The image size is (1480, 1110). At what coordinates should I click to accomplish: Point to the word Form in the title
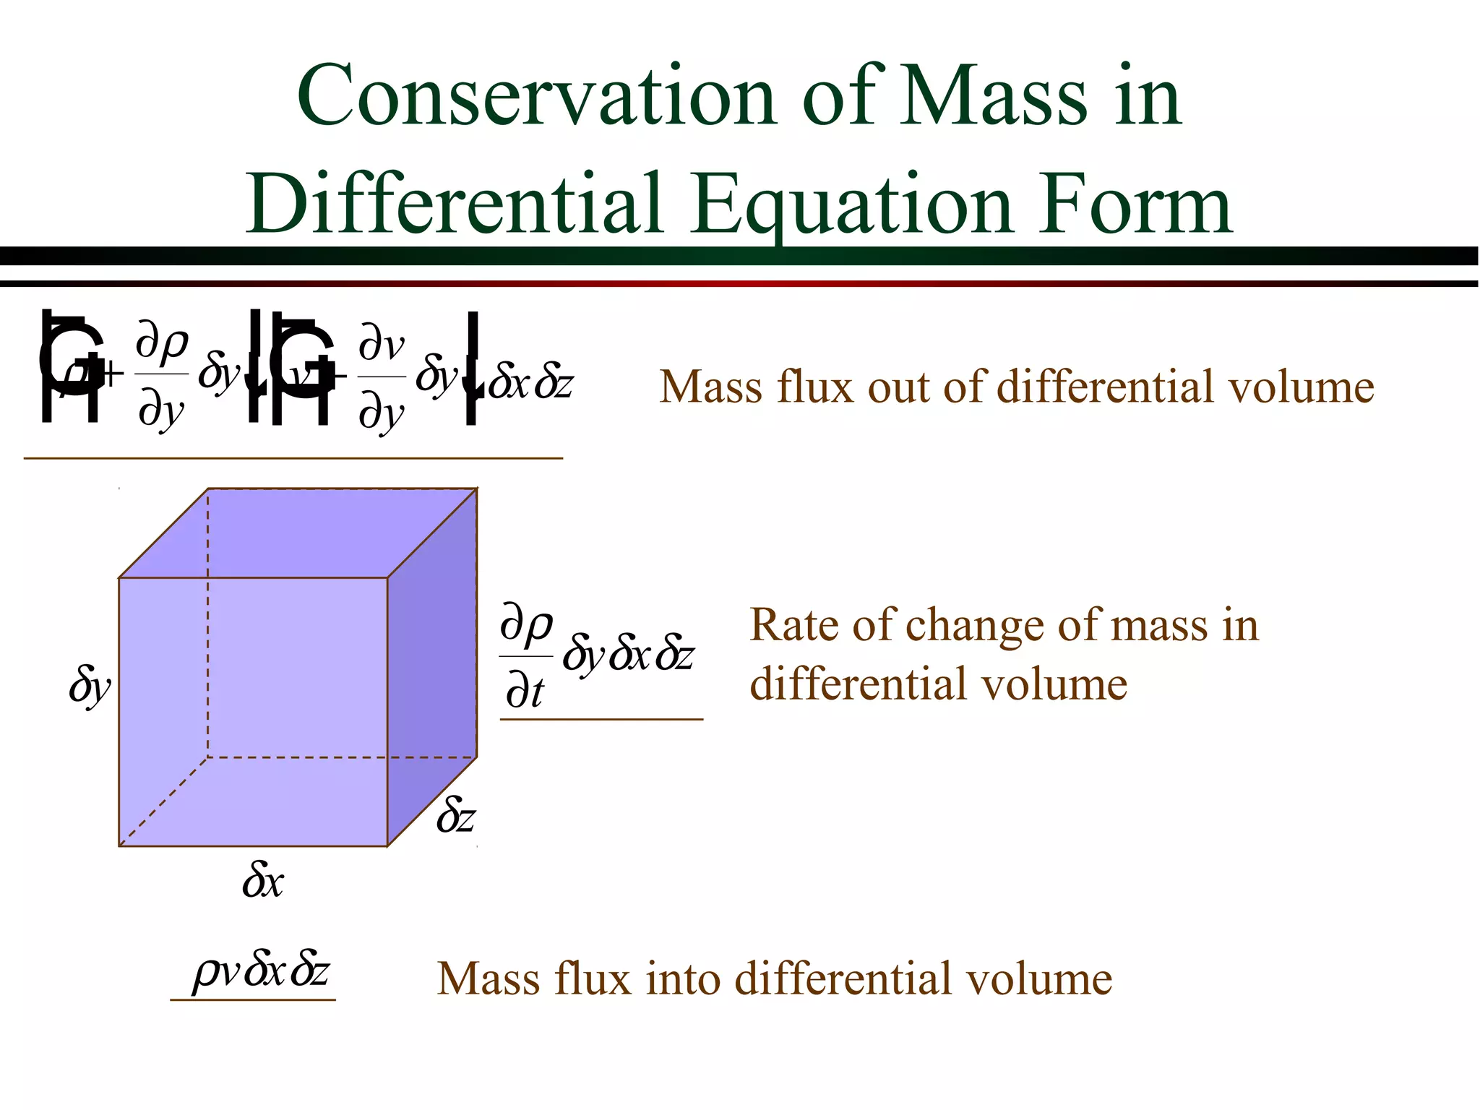(1135, 205)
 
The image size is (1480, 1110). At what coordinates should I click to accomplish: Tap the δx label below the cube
(263, 881)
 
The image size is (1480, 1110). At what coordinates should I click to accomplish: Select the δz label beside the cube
(456, 817)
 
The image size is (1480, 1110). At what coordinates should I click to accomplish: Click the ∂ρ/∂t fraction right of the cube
(525, 656)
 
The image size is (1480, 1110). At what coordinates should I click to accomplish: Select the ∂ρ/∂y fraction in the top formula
(162, 376)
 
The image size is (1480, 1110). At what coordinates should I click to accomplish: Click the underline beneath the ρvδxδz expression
(253, 999)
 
